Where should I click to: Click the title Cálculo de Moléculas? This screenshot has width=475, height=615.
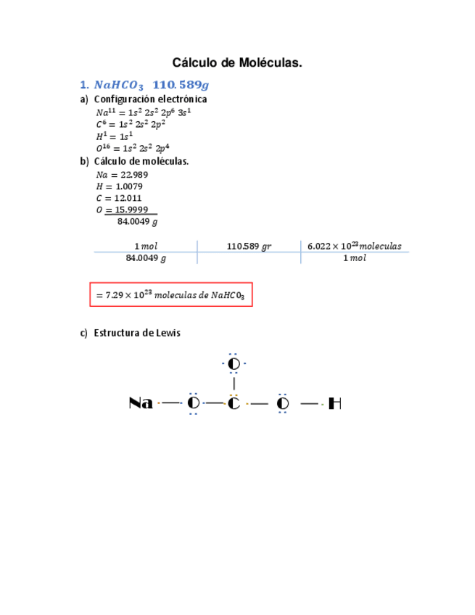[237, 64]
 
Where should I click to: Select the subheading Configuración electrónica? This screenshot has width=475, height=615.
[150, 99]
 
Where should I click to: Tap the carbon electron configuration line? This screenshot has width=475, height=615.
[131, 124]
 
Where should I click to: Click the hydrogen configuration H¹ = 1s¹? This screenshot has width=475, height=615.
[114, 136]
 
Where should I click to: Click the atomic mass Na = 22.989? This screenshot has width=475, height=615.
[122, 175]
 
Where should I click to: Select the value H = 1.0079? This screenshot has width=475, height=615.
[119, 186]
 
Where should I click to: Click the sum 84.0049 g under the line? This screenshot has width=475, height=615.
[137, 222]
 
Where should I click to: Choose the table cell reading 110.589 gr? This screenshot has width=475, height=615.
[249, 246]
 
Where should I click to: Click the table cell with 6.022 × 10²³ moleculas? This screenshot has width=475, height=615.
[354, 246]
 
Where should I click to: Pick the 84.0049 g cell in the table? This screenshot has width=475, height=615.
[145, 258]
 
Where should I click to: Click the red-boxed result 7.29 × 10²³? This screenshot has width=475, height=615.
[171, 295]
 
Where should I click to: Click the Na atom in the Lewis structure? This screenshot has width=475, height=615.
[141, 403]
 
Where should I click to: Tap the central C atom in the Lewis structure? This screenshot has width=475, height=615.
[234, 403]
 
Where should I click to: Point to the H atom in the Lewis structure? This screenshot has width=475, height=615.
[334, 403]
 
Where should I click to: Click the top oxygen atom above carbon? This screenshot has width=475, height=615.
[234, 363]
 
